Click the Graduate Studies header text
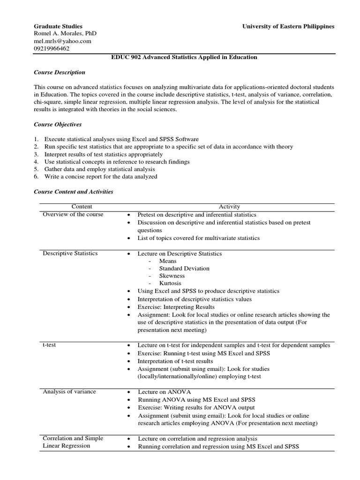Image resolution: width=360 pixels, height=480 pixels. click(x=58, y=26)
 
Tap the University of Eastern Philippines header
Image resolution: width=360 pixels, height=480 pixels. click(x=288, y=26)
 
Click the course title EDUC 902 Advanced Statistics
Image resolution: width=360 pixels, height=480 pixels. click(x=184, y=57)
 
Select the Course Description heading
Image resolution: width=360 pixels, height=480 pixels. click(x=60, y=73)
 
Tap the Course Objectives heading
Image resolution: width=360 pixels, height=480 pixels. click(x=58, y=124)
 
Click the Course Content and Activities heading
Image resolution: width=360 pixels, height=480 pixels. click(x=74, y=192)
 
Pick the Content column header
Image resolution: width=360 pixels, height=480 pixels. click(x=82, y=207)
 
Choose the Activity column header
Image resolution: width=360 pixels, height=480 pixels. click(x=229, y=207)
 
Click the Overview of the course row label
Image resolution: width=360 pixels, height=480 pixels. click(x=73, y=214)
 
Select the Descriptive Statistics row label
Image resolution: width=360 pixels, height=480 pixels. click(x=70, y=254)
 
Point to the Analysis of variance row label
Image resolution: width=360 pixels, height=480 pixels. click(x=69, y=391)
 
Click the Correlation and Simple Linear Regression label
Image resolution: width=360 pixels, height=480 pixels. click(x=73, y=442)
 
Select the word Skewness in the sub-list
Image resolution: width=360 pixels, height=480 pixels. click(x=172, y=276)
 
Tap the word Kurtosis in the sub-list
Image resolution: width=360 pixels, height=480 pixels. click(x=170, y=284)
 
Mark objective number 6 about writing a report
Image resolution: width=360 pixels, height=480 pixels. click(x=100, y=177)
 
